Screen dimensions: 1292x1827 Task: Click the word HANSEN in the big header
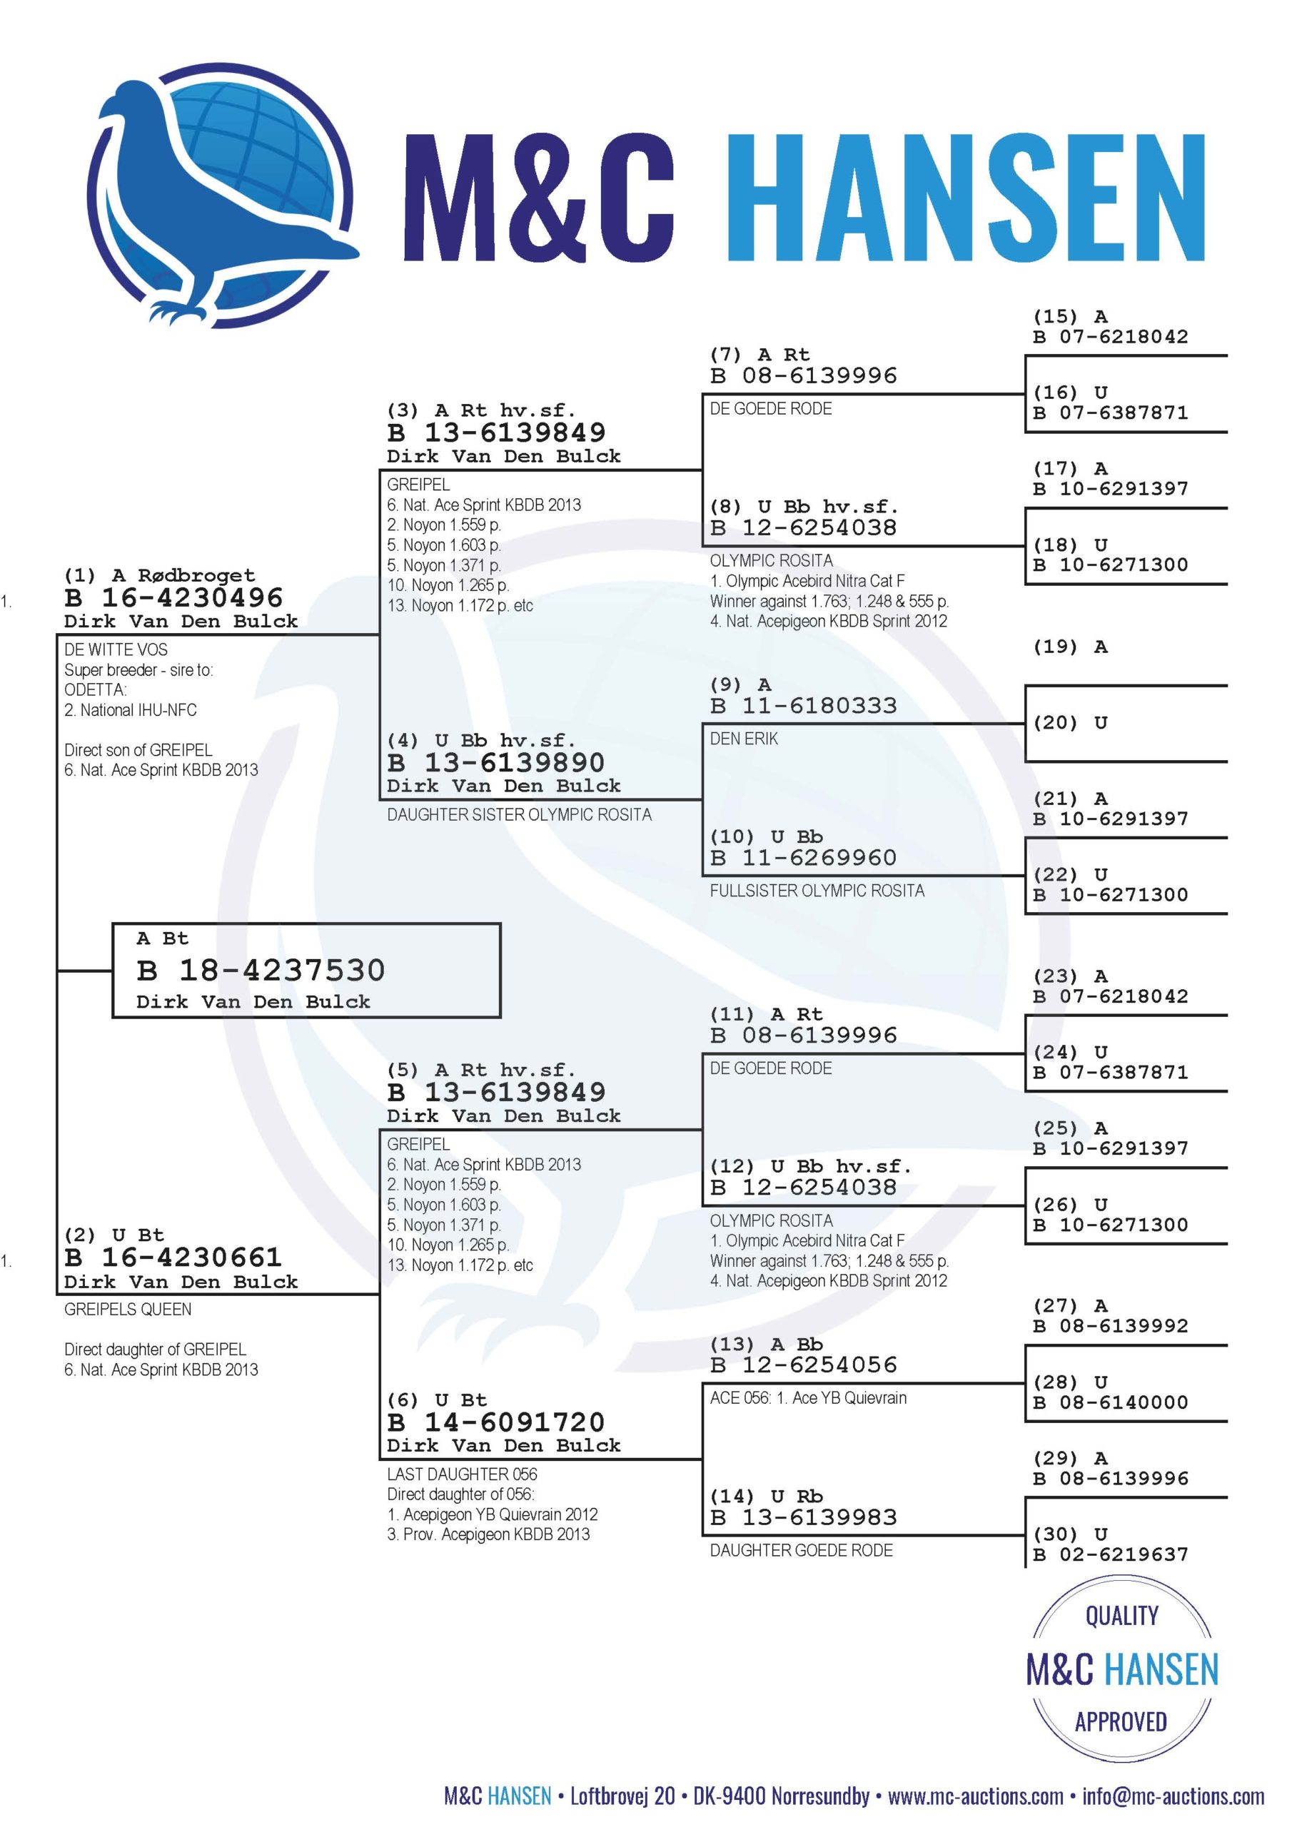pyautogui.click(x=967, y=198)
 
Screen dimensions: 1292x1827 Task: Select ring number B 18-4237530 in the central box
pyautogui.click(x=261, y=970)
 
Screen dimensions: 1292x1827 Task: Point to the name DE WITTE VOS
pyautogui.click(x=116, y=649)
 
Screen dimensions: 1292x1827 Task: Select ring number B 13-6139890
pyautogui.click(x=496, y=762)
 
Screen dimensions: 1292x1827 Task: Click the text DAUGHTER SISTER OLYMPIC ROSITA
pyautogui.click(x=519, y=814)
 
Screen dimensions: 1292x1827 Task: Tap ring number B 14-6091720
pyautogui.click(x=496, y=1421)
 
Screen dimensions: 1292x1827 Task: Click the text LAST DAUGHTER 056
pyautogui.click(x=463, y=1474)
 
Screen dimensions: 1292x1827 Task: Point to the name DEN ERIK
pyautogui.click(x=745, y=739)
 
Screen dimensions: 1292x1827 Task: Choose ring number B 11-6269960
pyautogui.click(x=804, y=857)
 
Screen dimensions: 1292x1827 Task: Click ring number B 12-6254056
pyautogui.click(x=804, y=1365)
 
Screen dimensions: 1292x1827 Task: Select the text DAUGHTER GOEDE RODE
pyautogui.click(x=802, y=1550)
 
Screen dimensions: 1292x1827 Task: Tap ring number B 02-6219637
pyautogui.click(x=1111, y=1554)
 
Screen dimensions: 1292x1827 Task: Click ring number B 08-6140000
pyautogui.click(x=1111, y=1402)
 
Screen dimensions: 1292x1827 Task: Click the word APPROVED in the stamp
pyautogui.click(x=1121, y=1722)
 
